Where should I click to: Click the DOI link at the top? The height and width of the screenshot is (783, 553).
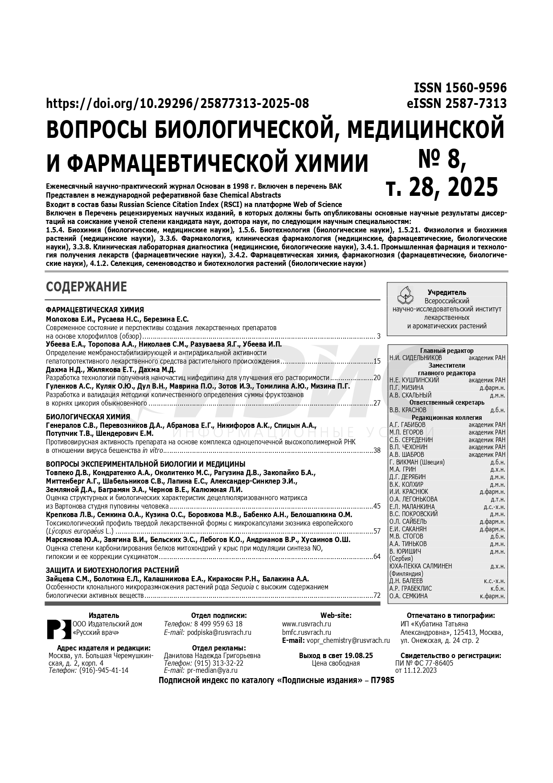(177, 104)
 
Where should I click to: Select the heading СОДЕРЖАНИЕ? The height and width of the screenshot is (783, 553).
(86, 287)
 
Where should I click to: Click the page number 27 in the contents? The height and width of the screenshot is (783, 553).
(377, 403)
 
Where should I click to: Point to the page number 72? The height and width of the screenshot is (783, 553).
(377, 595)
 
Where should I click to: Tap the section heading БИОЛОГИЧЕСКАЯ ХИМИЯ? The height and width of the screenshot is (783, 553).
(88, 417)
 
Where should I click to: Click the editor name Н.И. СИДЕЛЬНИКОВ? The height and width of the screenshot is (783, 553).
(416, 358)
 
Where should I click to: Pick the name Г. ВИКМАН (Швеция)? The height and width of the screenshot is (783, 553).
(417, 462)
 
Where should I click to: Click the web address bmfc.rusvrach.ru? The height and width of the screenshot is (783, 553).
(307, 632)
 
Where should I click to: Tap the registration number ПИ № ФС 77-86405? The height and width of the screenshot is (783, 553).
(424, 663)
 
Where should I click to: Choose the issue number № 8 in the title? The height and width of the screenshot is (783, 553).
(442, 160)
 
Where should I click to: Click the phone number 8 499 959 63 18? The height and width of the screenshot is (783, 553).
(218, 624)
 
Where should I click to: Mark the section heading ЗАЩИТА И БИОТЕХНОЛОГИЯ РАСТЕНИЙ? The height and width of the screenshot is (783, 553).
(112, 570)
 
